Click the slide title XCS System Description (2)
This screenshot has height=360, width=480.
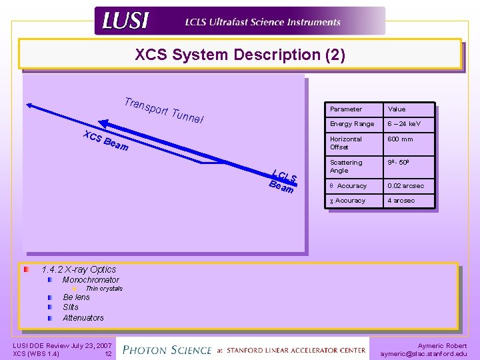240,55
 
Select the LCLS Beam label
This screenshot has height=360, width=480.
283,181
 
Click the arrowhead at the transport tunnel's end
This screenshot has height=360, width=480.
30,104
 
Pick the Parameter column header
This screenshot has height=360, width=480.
346,109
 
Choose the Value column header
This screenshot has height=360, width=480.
396,109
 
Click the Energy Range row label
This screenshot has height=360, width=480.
352,124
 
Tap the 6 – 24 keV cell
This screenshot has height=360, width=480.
405,124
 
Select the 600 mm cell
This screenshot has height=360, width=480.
400,139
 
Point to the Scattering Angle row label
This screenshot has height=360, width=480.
346,166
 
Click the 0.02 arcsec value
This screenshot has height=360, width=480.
405,186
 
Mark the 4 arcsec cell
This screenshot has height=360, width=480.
401,201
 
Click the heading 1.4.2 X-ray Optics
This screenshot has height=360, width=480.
79,269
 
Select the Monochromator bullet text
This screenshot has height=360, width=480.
91,280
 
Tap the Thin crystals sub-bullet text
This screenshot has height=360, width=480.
104,289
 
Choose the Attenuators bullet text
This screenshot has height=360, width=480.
83,318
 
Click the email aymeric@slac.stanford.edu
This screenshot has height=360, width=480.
423,354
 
